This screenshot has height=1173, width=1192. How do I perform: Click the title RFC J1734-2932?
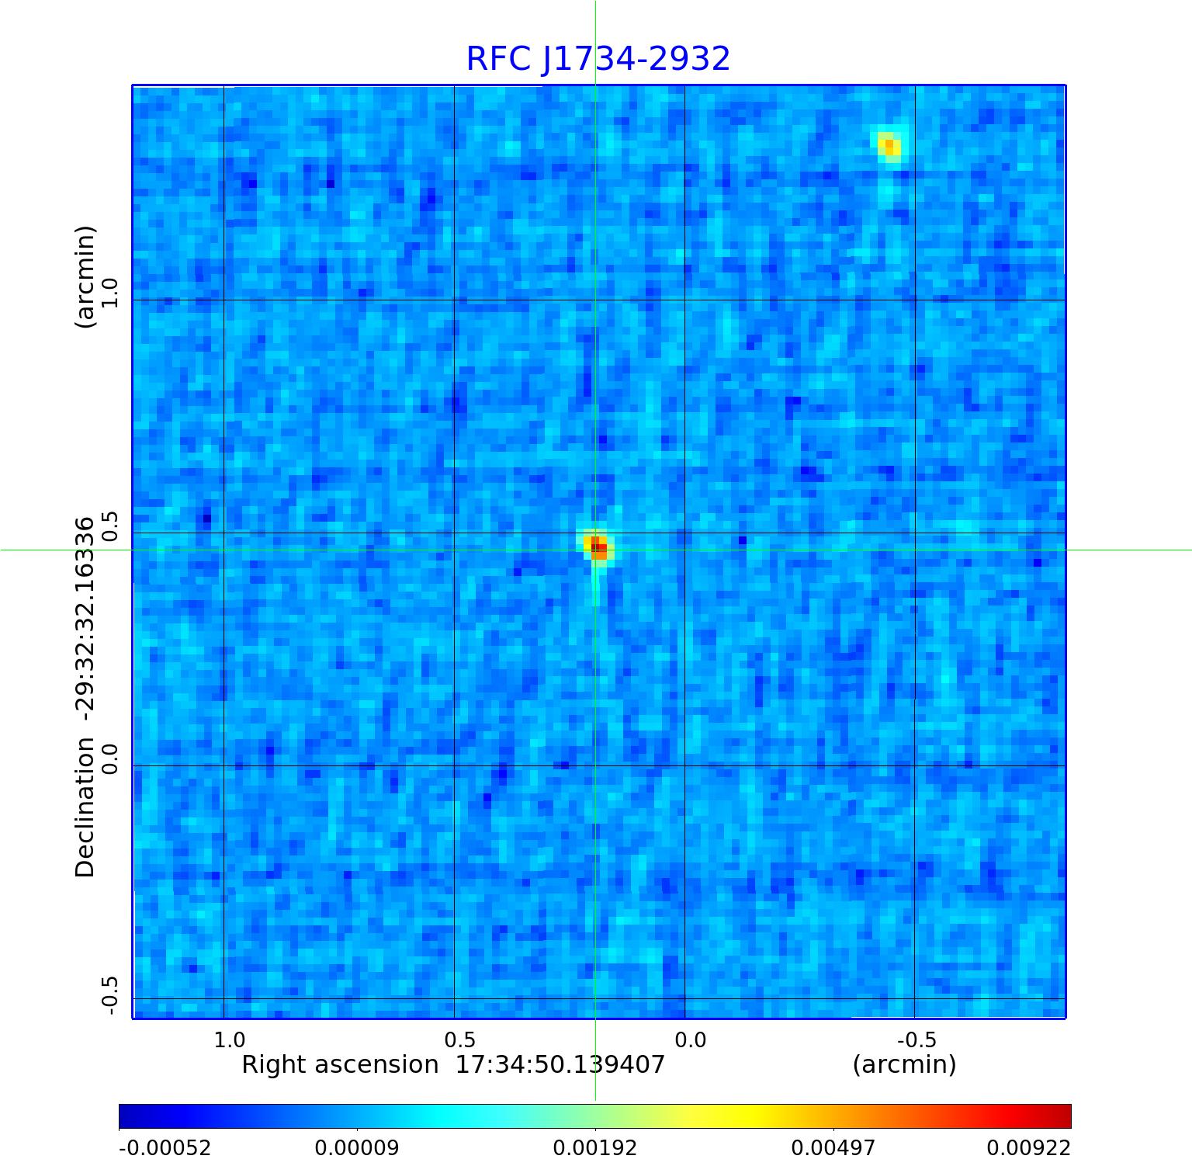point(598,59)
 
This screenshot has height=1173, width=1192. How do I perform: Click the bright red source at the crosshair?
point(598,547)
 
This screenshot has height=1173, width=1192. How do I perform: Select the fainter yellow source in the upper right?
point(889,145)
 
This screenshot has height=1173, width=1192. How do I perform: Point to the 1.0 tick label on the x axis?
point(229,1039)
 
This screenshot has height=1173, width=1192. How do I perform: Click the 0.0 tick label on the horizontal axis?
point(690,1039)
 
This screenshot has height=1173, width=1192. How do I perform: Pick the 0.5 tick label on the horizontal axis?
point(459,1039)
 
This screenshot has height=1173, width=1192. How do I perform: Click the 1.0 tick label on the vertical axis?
point(109,292)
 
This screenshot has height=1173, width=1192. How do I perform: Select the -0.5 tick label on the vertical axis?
point(109,994)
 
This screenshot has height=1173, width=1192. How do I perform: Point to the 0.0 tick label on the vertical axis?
point(109,758)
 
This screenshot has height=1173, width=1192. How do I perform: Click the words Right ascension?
point(340,1064)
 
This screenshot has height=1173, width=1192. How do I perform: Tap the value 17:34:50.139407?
point(560,1064)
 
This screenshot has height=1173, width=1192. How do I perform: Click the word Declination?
point(85,807)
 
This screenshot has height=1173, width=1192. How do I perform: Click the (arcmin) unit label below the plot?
point(904,1064)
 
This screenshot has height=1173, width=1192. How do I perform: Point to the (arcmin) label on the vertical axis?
point(85,276)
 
